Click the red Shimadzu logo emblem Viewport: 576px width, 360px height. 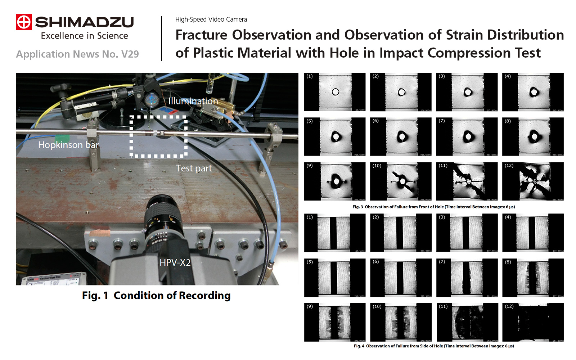(24, 22)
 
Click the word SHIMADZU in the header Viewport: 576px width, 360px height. (84, 22)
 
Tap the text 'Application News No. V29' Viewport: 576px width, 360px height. (77, 54)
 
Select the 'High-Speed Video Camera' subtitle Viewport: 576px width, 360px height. (211, 19)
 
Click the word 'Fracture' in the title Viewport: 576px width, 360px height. (201, 35)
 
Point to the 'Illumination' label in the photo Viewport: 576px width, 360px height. (193, 101)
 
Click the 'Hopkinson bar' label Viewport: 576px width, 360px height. (68, 145)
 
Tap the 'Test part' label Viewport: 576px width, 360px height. (193, 168)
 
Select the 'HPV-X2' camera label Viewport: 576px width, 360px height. (175, 262)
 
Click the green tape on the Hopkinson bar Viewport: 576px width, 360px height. (62, 139)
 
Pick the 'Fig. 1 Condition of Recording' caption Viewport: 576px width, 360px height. (156, 296)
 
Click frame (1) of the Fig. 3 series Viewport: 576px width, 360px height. (335, 92)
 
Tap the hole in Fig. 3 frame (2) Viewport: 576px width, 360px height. (401, 92)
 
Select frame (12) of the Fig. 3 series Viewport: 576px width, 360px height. (533, 181)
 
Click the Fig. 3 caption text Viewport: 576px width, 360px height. (433, 207)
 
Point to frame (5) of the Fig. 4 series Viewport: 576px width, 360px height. (335, 278)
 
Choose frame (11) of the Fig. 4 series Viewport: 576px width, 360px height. (467, 322)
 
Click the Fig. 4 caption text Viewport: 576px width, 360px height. (433, 346)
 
